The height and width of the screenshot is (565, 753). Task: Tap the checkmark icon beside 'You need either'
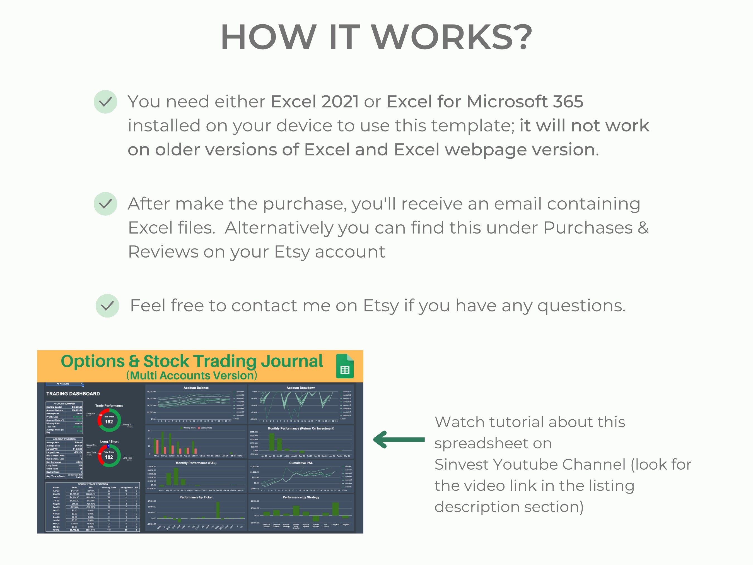(105, 102)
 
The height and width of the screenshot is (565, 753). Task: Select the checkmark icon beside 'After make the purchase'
(105, 204)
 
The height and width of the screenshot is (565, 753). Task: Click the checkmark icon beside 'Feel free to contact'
(107, 306)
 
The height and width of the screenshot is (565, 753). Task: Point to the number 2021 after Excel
(340, 102)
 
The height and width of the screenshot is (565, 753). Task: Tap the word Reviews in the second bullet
(163, 252)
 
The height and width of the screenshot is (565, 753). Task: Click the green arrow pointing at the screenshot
(399, 439)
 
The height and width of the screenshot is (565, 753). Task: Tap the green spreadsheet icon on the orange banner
(345, 366)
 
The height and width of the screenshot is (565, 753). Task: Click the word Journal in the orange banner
(292, 361)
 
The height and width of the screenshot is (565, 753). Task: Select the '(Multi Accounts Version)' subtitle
(192, 375)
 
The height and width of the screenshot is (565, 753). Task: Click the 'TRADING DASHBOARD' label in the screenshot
(73, 394)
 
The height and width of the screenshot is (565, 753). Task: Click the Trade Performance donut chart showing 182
(109, 420)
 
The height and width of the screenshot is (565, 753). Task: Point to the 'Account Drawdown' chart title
(301, 388)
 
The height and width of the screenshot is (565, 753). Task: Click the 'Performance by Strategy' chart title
(301, 497)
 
